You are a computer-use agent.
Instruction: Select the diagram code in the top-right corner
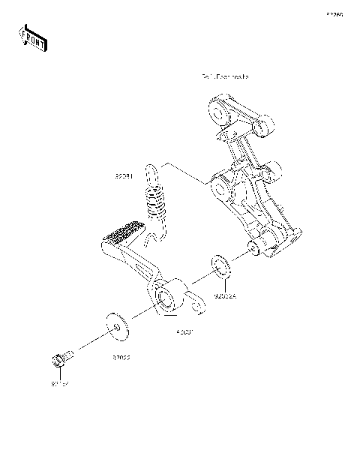point(334,14)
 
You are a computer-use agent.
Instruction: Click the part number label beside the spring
point(124,177)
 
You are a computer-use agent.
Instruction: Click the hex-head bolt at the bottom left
point(63,360)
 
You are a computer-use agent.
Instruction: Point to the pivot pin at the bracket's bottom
point(252,247)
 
